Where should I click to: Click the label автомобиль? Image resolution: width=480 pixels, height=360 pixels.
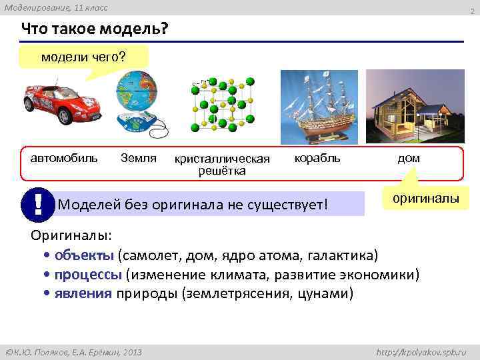64,158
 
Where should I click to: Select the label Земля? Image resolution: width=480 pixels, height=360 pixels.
139,158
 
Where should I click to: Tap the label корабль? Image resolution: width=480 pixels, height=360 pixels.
317,158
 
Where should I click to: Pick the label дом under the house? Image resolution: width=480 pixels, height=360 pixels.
409,159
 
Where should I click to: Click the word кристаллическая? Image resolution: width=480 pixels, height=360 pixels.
222,159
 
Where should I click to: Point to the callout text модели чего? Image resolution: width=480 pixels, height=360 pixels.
83,57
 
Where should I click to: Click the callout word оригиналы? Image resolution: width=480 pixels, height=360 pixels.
425,199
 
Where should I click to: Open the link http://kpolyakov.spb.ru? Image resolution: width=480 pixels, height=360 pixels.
422,351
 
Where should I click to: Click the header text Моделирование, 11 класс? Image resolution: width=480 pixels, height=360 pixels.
55,7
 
